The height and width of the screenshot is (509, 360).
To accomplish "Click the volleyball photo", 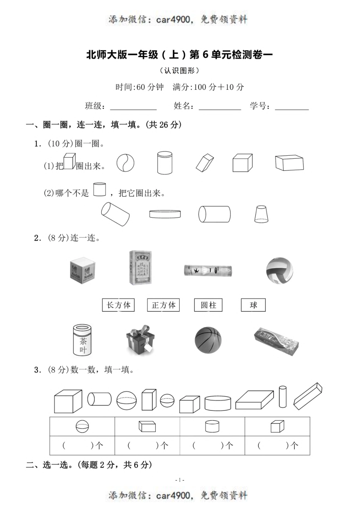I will (x=280, y=271).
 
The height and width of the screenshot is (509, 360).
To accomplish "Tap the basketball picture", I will (x=208, y=340).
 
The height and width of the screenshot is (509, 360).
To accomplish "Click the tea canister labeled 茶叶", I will (x=83, y=339).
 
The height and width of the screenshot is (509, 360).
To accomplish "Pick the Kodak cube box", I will (x=83, y=270).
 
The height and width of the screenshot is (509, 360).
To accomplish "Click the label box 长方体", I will (x=118, y=305).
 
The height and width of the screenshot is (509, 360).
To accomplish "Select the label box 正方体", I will (x=163, y=305).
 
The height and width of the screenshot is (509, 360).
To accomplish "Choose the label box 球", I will (x=253, y=305).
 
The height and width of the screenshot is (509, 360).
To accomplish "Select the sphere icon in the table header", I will (x=82, y=426).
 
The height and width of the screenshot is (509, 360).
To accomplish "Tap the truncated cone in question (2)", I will (x=262, y=214).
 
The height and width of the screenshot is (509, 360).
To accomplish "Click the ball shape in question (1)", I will (x=125, y=163).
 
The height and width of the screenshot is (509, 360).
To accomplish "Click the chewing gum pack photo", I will (x=276, y=341).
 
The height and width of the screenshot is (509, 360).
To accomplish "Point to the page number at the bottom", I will (x=180, y=480).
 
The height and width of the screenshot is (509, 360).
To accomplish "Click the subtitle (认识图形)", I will (x=180, y=70).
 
